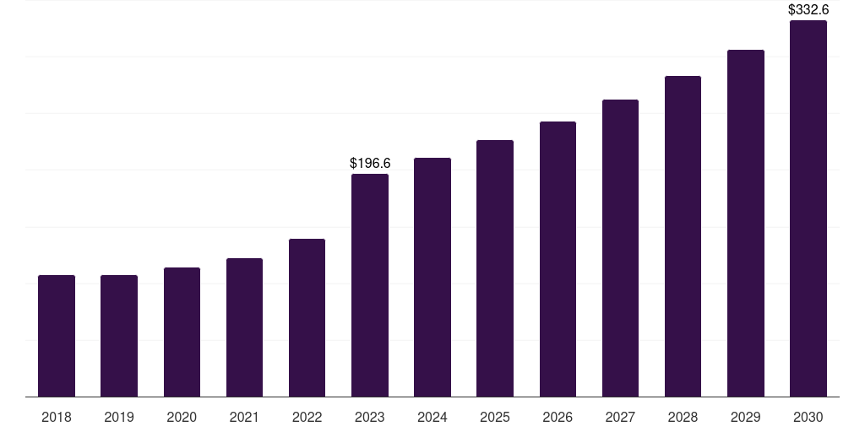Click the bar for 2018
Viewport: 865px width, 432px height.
[57, 336]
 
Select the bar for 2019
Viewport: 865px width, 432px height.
[119, 336]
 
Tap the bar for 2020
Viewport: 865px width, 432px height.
[182, 332]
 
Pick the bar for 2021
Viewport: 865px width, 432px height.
[244, 327]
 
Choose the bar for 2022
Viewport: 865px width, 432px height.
[307, 318]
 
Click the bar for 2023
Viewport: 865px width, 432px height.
[370, 285]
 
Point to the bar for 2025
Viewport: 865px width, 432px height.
[495, 268]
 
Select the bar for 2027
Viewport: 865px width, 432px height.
[620, 248]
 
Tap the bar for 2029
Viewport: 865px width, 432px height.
[745, 224]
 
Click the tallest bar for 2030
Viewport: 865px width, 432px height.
[808, 208]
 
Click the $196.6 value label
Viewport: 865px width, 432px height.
[370, 163]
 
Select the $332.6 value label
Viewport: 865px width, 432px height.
[808, 10]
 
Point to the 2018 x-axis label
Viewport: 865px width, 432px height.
[57, 417]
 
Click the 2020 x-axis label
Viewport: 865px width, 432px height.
[182, 417]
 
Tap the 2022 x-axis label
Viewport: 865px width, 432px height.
[307, 417]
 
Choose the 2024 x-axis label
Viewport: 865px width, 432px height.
[432, 417]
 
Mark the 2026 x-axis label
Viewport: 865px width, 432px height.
[558, 417]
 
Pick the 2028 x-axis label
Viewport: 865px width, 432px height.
[683, 417]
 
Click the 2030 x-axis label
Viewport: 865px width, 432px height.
[808, 417]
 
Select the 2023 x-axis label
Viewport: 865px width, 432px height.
[370, 417]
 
